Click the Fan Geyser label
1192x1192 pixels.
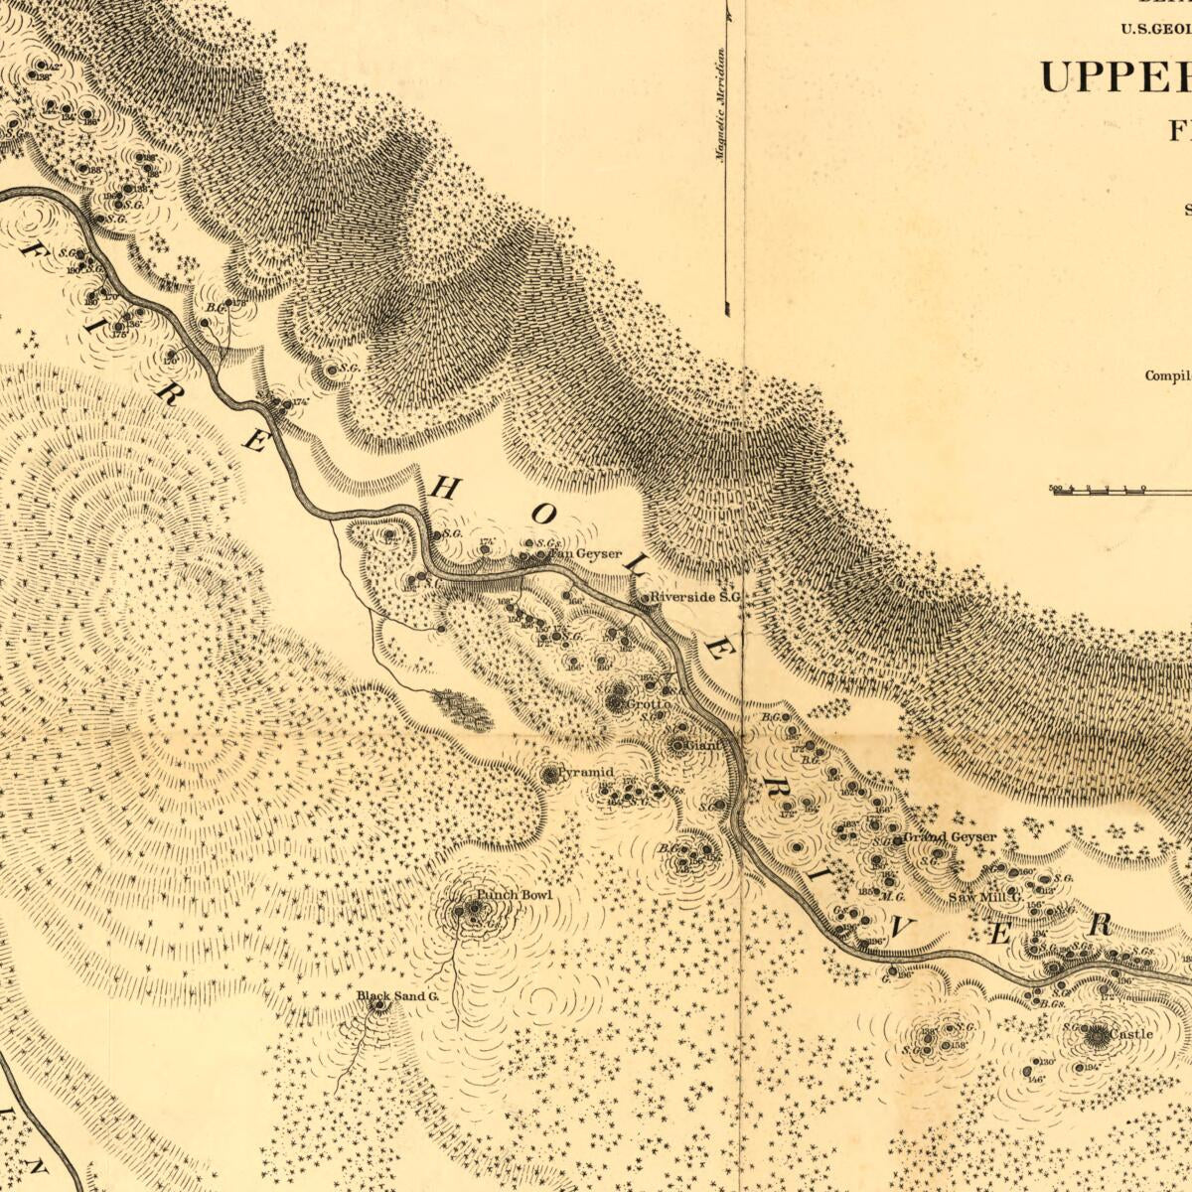[586, 554]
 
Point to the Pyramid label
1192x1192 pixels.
[585, 772]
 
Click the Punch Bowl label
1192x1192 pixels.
[514, 895]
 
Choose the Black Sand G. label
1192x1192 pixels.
[397, 995]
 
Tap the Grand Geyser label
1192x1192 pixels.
[951, 837]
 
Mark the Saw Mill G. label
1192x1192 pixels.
[984, 897]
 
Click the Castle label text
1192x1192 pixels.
[1131, 1034]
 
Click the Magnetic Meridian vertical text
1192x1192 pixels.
[721, 104]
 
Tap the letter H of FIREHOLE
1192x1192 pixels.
[444, 487]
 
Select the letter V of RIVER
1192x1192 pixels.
[902, 929]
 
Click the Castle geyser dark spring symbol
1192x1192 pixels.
[1097, 1037]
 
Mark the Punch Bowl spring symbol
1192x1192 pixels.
[460, 909]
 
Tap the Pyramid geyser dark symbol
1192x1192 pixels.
[550, 774]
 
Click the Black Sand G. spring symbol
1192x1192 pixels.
[378, 1006]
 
